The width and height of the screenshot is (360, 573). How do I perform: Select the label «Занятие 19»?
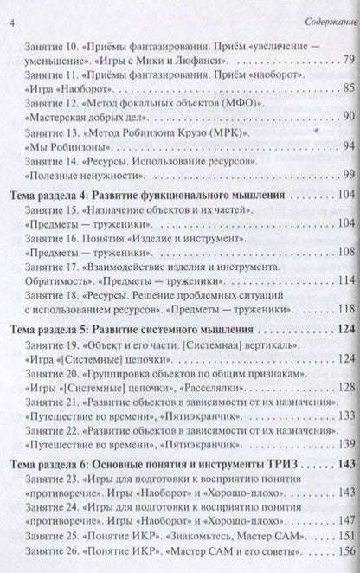[x=55, y=346]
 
